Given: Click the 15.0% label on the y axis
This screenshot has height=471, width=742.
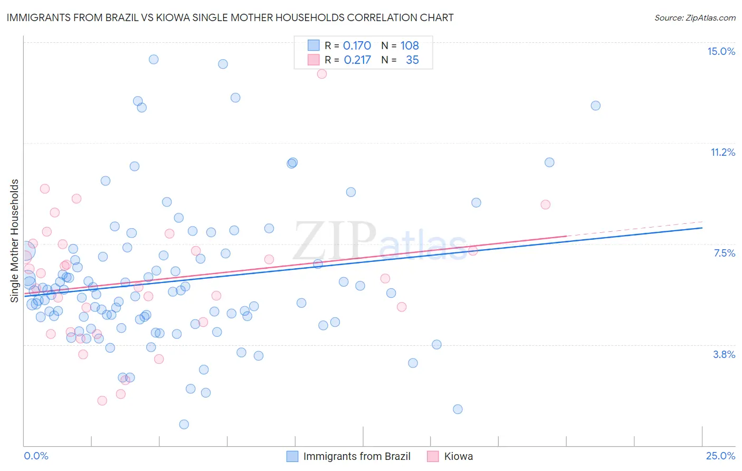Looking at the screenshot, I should pyautogui.click(x=721, y=51).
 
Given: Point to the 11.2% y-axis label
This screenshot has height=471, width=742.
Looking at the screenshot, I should pyautogui.click(x=722, y=152).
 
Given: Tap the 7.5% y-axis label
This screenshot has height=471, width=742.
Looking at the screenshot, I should pyautogui.click(x=724, y=253).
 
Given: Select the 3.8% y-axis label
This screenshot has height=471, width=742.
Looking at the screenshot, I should pyautogui.click(x=724, y=354).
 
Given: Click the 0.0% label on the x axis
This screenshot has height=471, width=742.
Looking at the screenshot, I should pyautogui.click(x=36, y=456).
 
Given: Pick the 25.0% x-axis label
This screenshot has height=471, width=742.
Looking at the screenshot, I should pyautogui.click(x=720, y=456).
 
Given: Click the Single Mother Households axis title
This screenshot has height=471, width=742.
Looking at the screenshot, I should pyautogui.click(x=15, y=241).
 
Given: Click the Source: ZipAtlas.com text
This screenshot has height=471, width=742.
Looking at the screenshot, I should pyautogui.click(x=695, y=17).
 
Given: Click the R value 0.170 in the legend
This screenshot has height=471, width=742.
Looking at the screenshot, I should pyautogui.click(x=357, y=45).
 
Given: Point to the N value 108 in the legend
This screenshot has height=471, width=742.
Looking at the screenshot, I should pyautogui.click(x=410, y=45).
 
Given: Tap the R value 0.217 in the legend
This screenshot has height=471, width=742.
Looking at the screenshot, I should pyautogui.click(x=357, y=60).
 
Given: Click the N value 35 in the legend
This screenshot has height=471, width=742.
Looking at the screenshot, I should pyautogui.click(x=412, y=60).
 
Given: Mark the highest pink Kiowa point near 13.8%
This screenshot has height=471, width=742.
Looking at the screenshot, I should pyautogui.click(x=322, y=74).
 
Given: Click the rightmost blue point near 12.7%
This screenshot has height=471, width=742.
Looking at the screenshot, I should pyautogui.click(x=595, y=106).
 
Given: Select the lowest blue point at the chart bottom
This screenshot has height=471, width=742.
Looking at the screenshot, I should pyautogui.click(x=184, y=425).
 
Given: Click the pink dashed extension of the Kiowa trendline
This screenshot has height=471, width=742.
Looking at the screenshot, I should pyautogui.click(x=633, y=229).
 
